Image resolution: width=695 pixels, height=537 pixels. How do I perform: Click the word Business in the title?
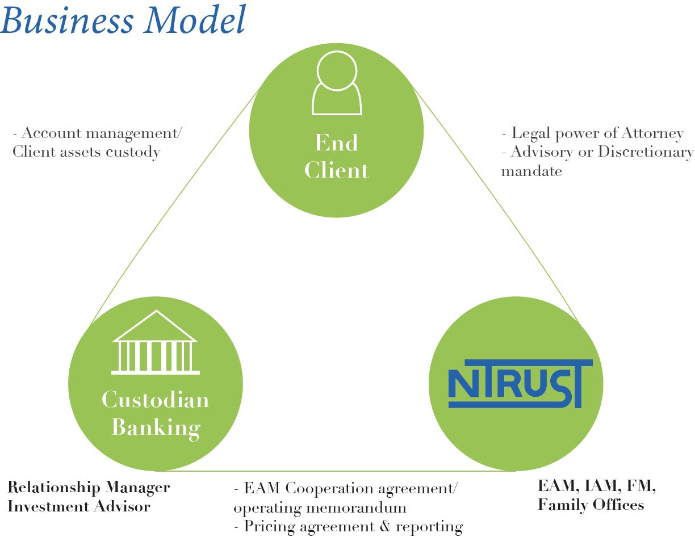pyautogui.click(x=66, y=20)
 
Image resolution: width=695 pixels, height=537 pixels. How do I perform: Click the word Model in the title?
pyautogui.click(x=195, y=19)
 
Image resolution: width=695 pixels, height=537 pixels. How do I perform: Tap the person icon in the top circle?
pyautogui.click(x=337, y=83)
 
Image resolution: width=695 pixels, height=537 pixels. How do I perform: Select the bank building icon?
pyautogui.click(x=156, y=342)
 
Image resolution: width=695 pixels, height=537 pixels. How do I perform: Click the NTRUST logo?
pyautogui.click(x=520, y=384)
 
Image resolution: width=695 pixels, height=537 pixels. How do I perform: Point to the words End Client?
pyautogui.click(x=337, y=156)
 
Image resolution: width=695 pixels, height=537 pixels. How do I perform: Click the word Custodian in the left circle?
pyautogui.click(x=156, y=400)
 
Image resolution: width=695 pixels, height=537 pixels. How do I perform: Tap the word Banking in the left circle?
pyautogui.click(x=156, y=428)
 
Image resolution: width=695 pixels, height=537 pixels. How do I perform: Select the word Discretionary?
pyautogui.click(x=646, y=152)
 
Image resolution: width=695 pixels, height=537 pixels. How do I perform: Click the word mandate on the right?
pyautogui.click(x=531, y=171)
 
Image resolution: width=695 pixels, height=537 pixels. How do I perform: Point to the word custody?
pyautogui.click(x=133, y=152)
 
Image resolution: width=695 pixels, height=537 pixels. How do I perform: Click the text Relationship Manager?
pyautogui.click(x=89, y=488)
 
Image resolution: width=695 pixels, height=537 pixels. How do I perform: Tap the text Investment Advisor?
pyautogui.click(x=79, y=507)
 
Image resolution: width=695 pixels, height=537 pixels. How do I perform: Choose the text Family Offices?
pyautogui.click(x=591, y=505)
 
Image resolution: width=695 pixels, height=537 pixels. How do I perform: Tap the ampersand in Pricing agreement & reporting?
pyautogui.click(x=385, y=526)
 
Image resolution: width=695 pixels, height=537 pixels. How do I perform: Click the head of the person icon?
pyautogui.click(x=337, y=70)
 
